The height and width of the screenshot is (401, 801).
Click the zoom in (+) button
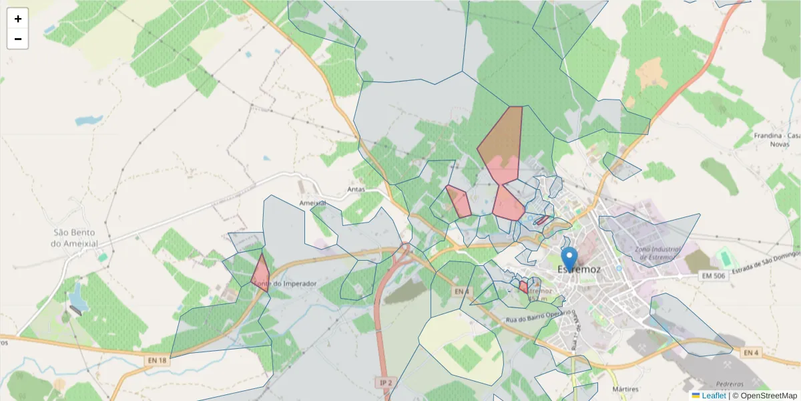tap(18, 19)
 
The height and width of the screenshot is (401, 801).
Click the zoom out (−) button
tap(18, 39)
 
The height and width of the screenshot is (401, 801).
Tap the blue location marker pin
tap(569, 257)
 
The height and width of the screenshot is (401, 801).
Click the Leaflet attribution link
tap(714, 396)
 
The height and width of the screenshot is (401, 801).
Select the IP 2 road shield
tap(385, 382)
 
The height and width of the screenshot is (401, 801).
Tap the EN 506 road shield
tap(712, 275)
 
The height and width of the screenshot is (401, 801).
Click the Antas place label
tap(356, 189)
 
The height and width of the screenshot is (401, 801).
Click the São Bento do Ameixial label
tap(75, 238)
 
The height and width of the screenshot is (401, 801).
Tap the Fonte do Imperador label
tap(285, 284)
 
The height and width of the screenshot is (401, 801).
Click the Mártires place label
tap(625, 389)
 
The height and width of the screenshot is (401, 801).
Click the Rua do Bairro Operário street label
tap(539, 315)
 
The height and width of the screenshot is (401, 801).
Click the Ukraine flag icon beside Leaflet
tap(696, 396)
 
